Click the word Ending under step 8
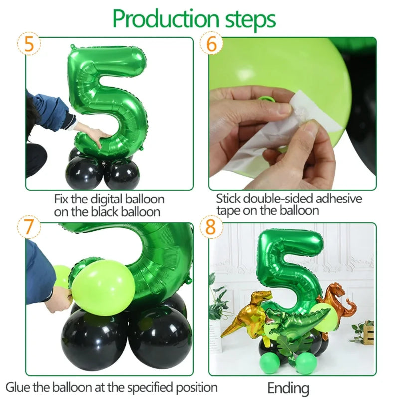click(x=288, y=388)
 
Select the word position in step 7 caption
click(x=198, y=387)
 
